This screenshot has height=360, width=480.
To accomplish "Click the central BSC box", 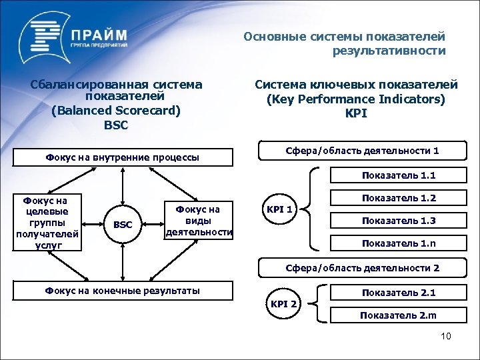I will click(122, 225).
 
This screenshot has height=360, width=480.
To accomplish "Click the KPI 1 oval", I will click(280, 209).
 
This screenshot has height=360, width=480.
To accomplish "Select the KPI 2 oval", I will click(284, 305).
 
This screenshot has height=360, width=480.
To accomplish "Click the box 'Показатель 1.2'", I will click(399, 198).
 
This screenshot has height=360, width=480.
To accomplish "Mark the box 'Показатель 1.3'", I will click(399, 221).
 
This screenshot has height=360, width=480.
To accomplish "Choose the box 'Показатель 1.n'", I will click(399, 243).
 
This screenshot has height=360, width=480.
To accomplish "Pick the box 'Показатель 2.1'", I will click(399, 292).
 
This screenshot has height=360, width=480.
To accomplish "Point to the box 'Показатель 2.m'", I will click(399, 315).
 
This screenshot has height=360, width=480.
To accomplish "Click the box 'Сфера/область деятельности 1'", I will click(361, 151).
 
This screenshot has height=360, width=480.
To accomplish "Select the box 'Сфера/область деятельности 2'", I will click(361, 268).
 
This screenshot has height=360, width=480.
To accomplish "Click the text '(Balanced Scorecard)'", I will click(116, 111).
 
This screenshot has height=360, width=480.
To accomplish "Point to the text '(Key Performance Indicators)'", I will click(356, 99).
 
